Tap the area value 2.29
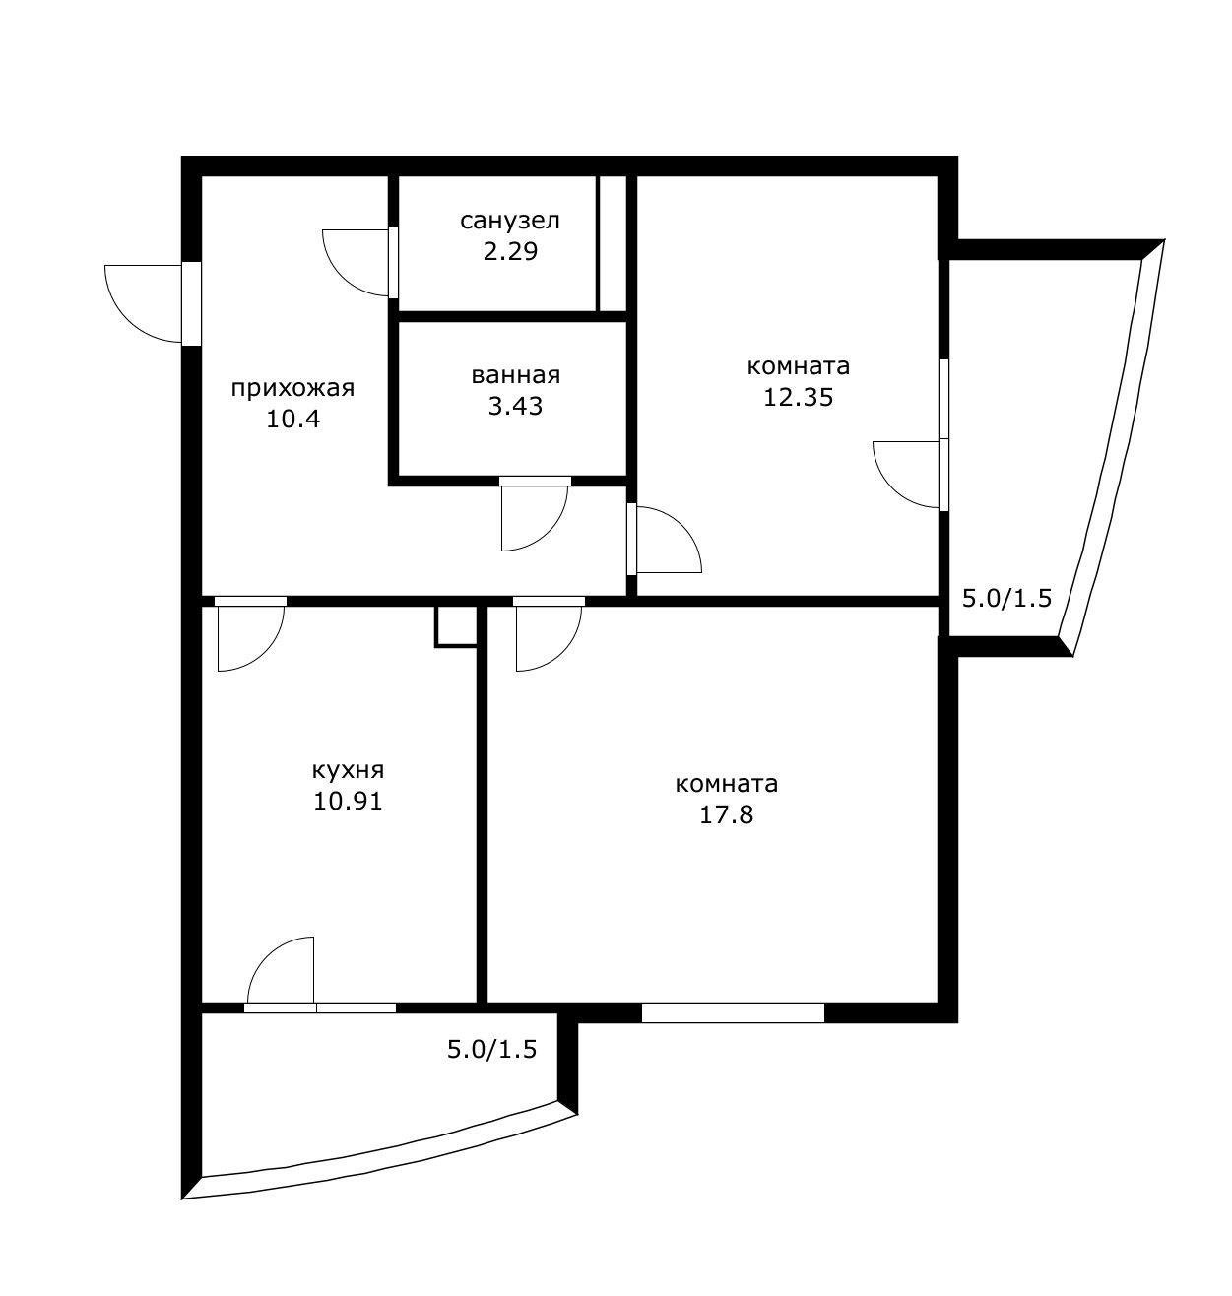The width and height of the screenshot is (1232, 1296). click(510, 251)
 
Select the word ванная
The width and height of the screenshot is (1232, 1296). click(515, 375)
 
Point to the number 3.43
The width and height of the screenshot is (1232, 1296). click(515, 406)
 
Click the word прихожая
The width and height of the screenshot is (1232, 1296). click(292, 388)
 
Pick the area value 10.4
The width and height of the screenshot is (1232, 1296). click(293, 420)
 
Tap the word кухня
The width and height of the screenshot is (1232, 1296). click(348, 769)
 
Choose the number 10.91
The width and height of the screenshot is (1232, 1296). click(348, 801)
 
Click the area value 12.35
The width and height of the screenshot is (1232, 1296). click(798, 398)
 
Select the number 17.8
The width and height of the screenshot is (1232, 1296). click(727, 815)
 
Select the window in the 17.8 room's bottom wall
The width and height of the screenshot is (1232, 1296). click(732, 1012)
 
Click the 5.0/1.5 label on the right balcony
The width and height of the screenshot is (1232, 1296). click(1007, 598)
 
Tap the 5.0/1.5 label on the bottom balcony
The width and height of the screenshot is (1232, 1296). click(491, 1050)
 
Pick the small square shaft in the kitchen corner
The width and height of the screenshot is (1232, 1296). click(456, 626)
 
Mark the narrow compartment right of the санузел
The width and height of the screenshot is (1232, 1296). click(613, 244)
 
